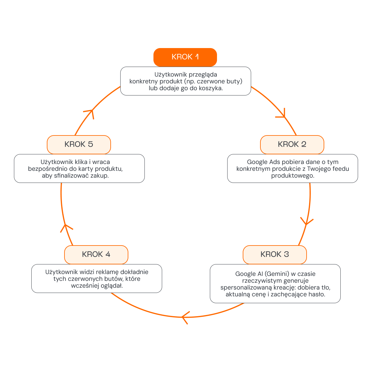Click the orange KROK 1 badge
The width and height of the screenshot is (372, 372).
pos(185,57)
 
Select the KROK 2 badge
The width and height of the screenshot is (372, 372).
pos(292,144)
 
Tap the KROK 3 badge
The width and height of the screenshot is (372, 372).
pos(275,255)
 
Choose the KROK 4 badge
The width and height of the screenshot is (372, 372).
pos(96,255)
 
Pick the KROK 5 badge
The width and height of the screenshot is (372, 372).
pos(79,144)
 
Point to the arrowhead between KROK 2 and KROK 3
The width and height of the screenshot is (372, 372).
pos(307,222)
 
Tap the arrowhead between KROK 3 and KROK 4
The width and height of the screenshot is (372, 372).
pos(185,317)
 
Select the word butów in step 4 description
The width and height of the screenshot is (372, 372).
pos(114,279)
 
